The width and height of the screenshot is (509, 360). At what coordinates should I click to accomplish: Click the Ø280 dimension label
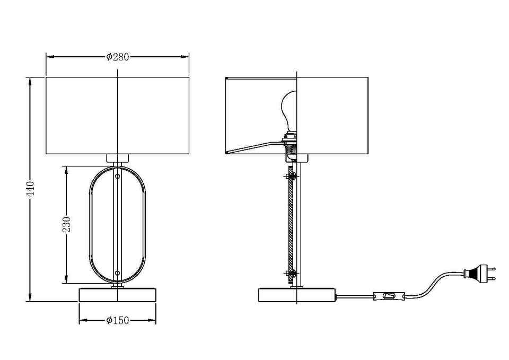(x=118, y=57)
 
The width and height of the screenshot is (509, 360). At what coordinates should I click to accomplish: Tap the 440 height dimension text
(x=30, y=189)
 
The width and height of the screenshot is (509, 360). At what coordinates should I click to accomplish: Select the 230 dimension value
(x=67, y=225)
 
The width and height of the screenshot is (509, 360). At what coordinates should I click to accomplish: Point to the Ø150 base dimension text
(x=118, y=320)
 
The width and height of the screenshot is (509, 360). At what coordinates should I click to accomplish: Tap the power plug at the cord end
(x=480, y=274)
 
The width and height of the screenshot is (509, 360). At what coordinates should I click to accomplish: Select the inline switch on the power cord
(x=389, y=296)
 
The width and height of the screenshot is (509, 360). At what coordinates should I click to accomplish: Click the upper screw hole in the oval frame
(x=117, y=177)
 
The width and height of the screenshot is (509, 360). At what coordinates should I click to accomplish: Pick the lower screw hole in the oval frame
(x=117, y=273)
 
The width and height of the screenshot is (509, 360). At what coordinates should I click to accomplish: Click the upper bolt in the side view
(x=291, y=177)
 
